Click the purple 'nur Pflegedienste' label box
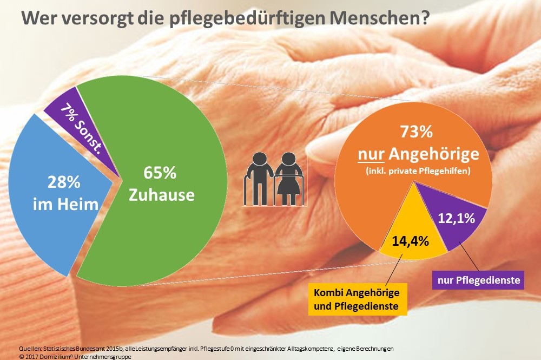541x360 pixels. (478, 280)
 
